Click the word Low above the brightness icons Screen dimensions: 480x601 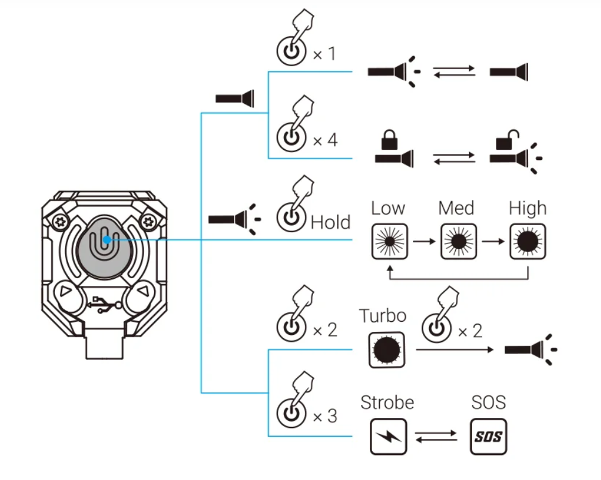388,208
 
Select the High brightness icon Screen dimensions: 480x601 528,241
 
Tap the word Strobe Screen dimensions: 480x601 387,402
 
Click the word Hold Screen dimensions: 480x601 330,223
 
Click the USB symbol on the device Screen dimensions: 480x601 104,304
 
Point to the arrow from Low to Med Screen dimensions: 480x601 422,241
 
